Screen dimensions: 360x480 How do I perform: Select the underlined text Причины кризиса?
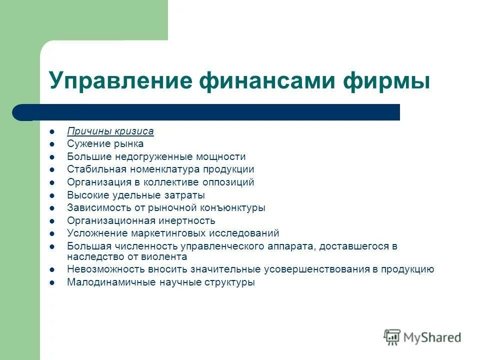pyautogui.click(x=110, y=131)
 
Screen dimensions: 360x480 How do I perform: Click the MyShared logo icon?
pyautogui.click(x=392, y=337)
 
